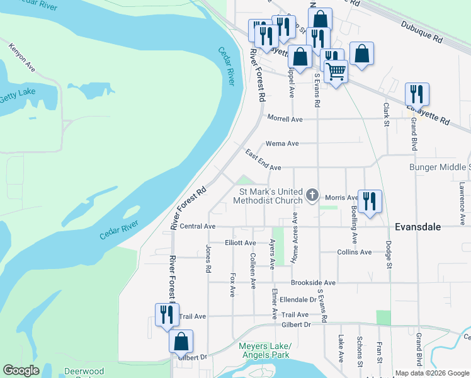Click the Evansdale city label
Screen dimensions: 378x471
pyautogui.click(x=426, y=227)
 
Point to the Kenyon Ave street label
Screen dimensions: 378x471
pyautogui.click(x=20, y=56)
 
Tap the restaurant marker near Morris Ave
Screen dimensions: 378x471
pyautogui.click(x=370, y=201)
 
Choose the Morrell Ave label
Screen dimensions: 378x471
pyautogui.click(x=285, y=118)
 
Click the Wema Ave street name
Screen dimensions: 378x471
pyautogui.click(x=281, y=143)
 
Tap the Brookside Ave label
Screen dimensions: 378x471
pyautogui.click(x=312, y=283)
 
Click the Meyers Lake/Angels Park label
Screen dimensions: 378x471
pyautogui.click(x=265, y=351)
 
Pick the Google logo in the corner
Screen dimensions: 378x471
pyautogui.click(x=21, y=370)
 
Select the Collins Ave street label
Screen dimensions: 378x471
pyautogui.click(x=355, y=252)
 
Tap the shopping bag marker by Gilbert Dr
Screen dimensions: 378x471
pyautogui.click(x=181, y=341)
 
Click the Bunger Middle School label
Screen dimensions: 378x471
pyautogui.click(x=440, y=167)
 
